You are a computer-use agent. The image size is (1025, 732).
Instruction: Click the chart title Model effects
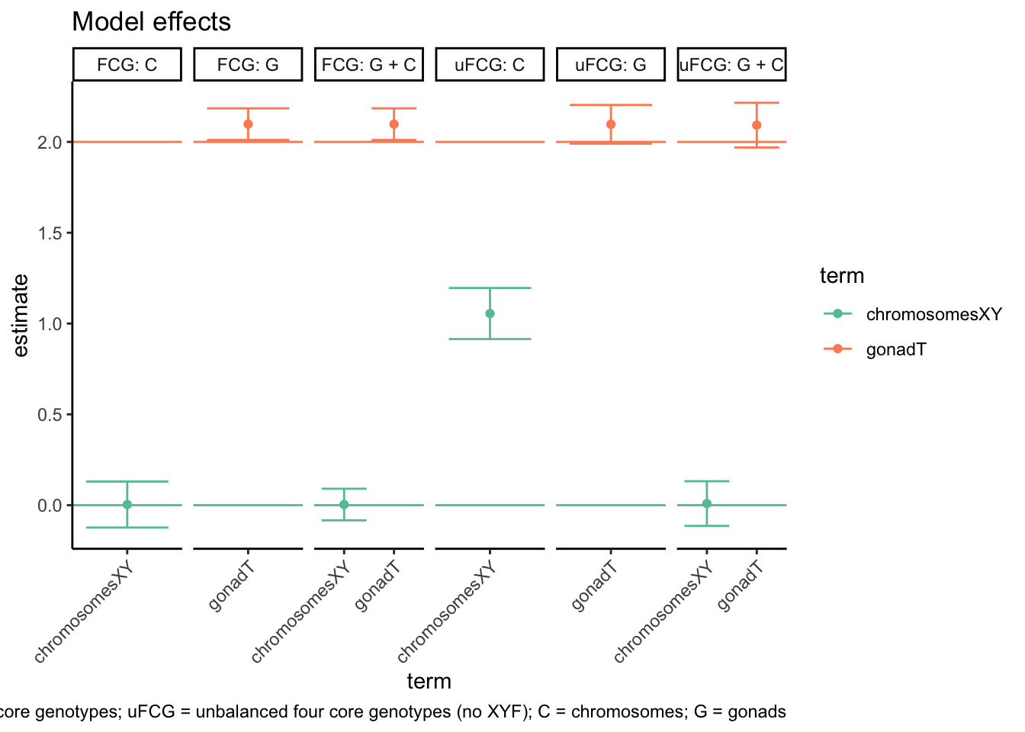tap(151, 22)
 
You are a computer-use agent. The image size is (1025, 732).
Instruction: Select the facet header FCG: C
tap(127, 65)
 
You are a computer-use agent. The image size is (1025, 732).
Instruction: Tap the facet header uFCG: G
tap(610, 65)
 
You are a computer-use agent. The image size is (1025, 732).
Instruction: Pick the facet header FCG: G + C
tap(368, 65)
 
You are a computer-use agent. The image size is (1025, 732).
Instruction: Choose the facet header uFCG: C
tap(490, 65)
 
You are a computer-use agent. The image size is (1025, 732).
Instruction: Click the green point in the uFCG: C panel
tap(490, 313)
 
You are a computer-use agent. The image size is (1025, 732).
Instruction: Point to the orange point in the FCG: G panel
tap(248, 124)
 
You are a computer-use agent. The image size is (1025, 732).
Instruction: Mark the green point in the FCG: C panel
tap(127, 504)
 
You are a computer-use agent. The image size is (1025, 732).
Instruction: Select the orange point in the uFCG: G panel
tap(611, 124)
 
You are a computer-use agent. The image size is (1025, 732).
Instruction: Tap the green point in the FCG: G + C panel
tap(344, 504)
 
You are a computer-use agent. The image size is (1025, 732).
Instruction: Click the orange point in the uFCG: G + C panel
tap(757, 125)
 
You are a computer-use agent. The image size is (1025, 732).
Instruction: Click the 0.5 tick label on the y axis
tap(51, 415)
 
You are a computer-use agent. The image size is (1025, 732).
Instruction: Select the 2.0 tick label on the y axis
tap(51, 143)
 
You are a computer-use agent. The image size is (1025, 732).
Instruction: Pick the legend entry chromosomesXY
tap(933, 314)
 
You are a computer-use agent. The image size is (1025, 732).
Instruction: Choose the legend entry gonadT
tap(896, 349)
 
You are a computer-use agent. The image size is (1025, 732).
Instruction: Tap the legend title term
tap(842, 276)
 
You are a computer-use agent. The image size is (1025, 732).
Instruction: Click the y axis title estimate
tap(21, 315)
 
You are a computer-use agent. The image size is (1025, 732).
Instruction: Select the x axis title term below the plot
tap(429, 681)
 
